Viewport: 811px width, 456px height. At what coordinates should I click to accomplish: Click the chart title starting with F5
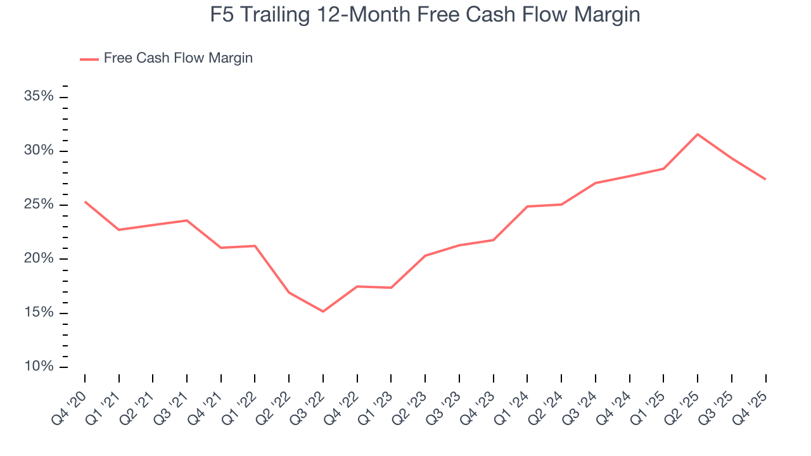[x=425, y=15]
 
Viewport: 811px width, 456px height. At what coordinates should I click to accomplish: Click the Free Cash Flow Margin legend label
[x=178, y=58]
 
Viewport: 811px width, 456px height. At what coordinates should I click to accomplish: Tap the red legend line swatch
[x=89, y=59]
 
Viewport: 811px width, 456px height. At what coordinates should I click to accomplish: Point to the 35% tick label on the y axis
[x=38, y=97]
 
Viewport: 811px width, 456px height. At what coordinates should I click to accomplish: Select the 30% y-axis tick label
[x=38, y=151]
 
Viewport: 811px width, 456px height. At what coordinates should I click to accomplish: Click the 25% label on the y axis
[x=38, y=205]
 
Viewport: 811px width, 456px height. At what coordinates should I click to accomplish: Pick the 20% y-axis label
[x=38, y=259]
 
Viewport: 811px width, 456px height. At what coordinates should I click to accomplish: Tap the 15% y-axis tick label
[x=38, y=313]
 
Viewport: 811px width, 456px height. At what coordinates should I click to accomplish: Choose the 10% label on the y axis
[x=38, y=367]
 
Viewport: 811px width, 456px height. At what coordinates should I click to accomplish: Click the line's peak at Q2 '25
[x=698, y=134]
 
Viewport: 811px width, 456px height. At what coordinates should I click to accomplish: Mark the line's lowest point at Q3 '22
[x=323, y=312]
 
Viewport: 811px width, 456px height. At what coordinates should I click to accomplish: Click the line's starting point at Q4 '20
[x=85, y=202]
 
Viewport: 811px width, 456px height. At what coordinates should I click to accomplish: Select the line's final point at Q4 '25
[x=765, y=179]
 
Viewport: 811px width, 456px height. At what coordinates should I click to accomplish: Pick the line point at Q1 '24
[x=527, y=206]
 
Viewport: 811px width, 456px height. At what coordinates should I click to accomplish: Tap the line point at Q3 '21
[x=187, y=220]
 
